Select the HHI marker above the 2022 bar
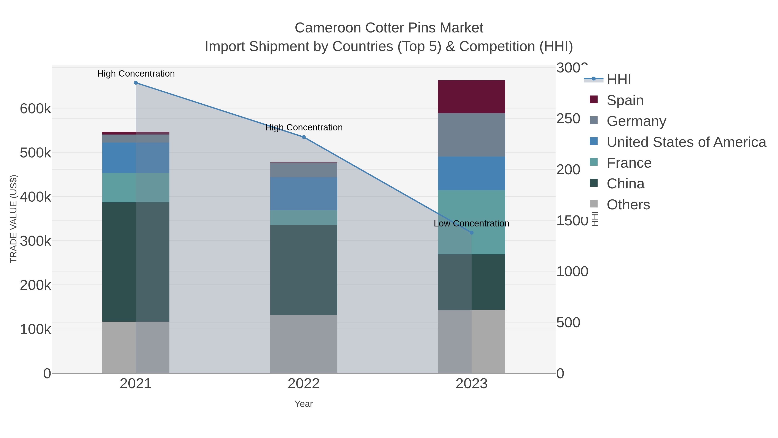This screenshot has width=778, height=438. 304,137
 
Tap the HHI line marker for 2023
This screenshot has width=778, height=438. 472,233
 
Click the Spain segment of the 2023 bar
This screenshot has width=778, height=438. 472,97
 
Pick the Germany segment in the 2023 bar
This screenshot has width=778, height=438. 472,135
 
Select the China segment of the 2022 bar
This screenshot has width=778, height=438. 304,270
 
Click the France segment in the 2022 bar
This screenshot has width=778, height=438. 304,217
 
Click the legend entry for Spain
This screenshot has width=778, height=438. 625,100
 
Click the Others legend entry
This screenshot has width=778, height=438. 628,205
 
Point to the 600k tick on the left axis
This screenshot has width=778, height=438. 35,109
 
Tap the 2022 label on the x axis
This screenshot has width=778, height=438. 304,384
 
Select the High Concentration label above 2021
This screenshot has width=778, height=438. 136,74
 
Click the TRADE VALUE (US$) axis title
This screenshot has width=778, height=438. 14,219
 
